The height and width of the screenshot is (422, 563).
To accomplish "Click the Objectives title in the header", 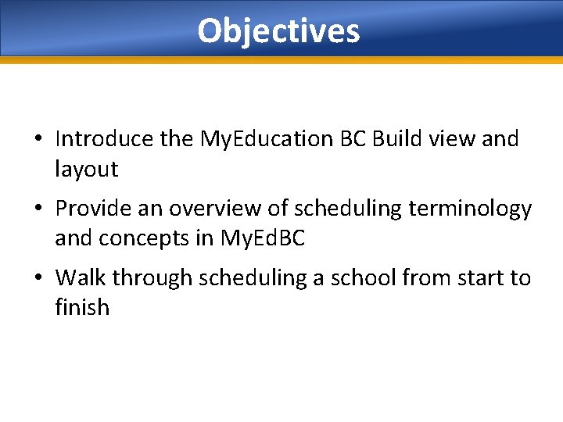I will click(278, 31).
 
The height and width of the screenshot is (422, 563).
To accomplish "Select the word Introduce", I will click(104, 139).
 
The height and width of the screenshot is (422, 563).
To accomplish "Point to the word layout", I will click(86, 168).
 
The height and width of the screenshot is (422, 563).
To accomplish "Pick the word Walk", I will click(80, 277).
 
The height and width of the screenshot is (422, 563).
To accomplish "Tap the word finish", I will click(82, 307).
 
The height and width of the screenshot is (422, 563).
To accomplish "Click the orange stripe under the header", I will click(281, 59).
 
